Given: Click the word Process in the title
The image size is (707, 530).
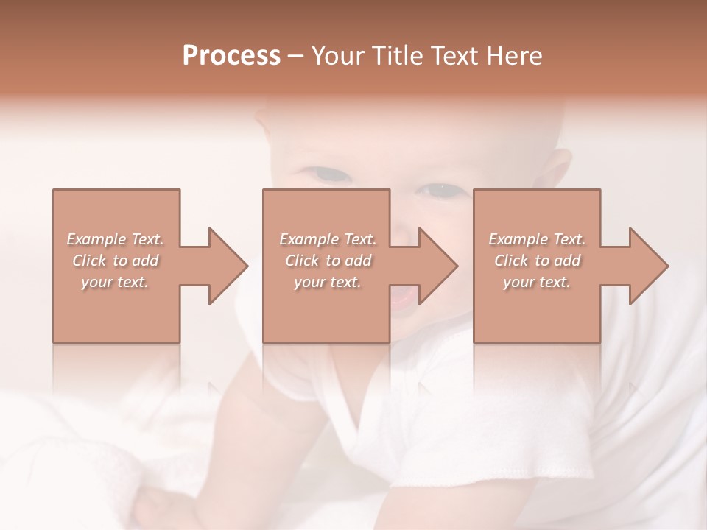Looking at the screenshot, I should pos(231,56).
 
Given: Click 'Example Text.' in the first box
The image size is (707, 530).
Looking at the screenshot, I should pos(115,239).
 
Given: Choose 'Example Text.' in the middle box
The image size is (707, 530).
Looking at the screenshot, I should pos(328,239).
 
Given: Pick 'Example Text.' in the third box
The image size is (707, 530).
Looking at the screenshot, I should pos(537,239).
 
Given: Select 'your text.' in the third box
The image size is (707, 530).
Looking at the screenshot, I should pos(537,282).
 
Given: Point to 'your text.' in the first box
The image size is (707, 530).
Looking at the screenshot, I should pos(115,282).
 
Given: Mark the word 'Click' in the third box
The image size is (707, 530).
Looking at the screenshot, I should pos(511,261).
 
